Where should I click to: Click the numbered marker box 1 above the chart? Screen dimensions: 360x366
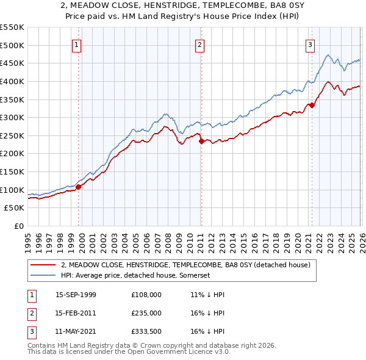pyautogui.click(x=77, y=44)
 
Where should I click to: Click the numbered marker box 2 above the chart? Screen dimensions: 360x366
pyautogui.click(x=200, y=44)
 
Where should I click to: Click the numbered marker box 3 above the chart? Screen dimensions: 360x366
pyautogui.click(x=310, y=44)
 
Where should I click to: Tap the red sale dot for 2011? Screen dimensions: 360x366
pyautogui.click(x=201, y=141)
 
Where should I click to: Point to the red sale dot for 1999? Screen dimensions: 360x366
pyautogui.click(x=78, y=187)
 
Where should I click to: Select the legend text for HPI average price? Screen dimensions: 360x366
pyautogui.click(x=135, y=275)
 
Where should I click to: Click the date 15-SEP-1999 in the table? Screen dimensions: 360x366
pyautogui.click(x=76, y=295)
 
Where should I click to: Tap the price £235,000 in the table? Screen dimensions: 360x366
pyautogui.click(x=146, y=313)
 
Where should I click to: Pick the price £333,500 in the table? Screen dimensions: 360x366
pyautogui.click(x=146, y=331)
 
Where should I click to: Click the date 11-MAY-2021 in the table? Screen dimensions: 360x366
pyautogui.click(x=76, y=331)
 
